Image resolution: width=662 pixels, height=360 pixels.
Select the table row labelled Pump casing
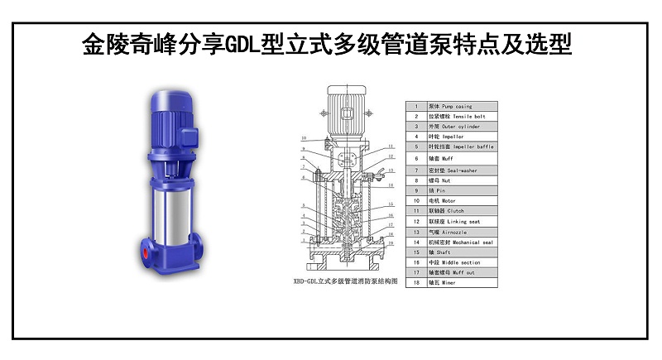[450, 107]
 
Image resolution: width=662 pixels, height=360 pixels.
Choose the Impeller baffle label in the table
[460, 146]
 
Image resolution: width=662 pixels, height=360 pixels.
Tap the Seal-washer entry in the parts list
[452, 170]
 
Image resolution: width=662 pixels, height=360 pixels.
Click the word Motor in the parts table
[451, 200]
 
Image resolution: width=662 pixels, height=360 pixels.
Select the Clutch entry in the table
[452, 211]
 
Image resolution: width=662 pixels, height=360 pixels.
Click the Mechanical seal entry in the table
[460, 242]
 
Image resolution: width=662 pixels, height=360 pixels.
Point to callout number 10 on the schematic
[304, 137]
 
